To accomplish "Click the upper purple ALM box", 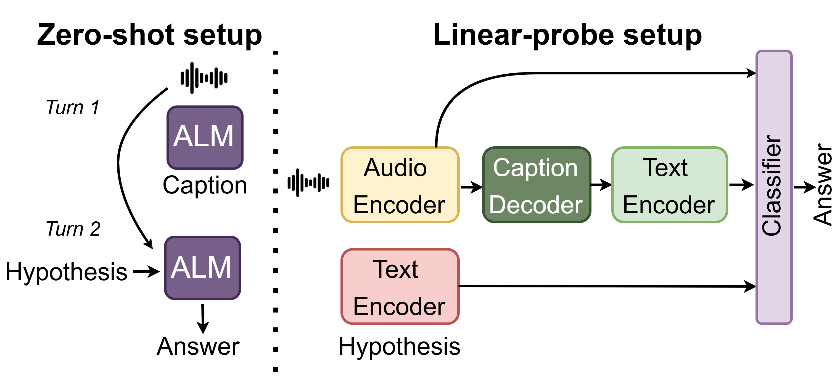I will [205, 138].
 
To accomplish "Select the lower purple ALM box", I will [202, 268].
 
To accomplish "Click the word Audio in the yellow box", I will [395, 168].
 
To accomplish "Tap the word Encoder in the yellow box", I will [399, 205].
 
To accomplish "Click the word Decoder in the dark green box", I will [536, 205].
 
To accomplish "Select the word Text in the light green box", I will [665, 168].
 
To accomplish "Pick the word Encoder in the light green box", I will [669, 205].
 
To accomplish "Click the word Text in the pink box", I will [395, 270].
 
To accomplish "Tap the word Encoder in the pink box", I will [399, 307].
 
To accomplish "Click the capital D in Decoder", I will [498, 205].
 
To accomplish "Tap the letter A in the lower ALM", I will [180, 268].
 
